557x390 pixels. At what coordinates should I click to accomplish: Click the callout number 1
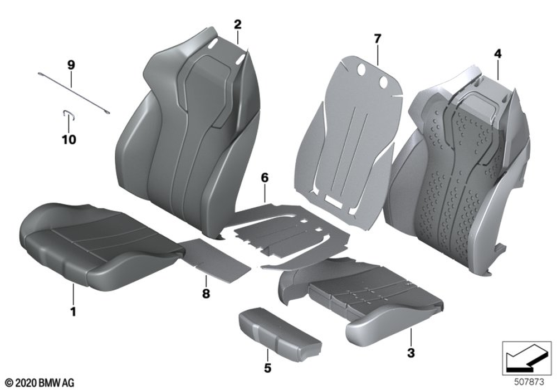pyautogui.click(x=73, y=312)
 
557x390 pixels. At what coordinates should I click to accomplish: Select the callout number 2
pyautogui.click(x=238, y=25)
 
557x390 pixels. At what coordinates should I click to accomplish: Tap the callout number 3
pyautogui.click(x=411, y=353)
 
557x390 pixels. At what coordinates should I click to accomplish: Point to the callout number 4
pyautogui.click(x=497, y=54)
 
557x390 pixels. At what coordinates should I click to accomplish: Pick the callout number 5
pyautogui.click(x=267, y=368)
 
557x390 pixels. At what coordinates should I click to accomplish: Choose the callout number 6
pyautogui.click(x=265, y=178)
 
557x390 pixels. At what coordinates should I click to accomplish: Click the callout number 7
pyautogui.click(x=377, y=38)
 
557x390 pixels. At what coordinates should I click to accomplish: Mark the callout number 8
pyautogui.click(x=206, y=294)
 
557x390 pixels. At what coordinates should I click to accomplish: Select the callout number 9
pyautogui.click(x=71, y=65)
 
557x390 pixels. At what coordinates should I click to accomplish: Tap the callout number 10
pyautogui.click(x=69, y=140)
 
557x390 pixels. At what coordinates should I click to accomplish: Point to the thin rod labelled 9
pyautogui.click(x=74, y=93)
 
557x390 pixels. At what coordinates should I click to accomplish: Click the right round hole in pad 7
pyautogui.click(x=383, y=82)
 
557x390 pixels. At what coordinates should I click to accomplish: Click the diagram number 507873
pyautogui.click(x=529, y=382)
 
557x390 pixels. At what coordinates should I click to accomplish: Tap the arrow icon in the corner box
pyautogui.click(x=526, y=358)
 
